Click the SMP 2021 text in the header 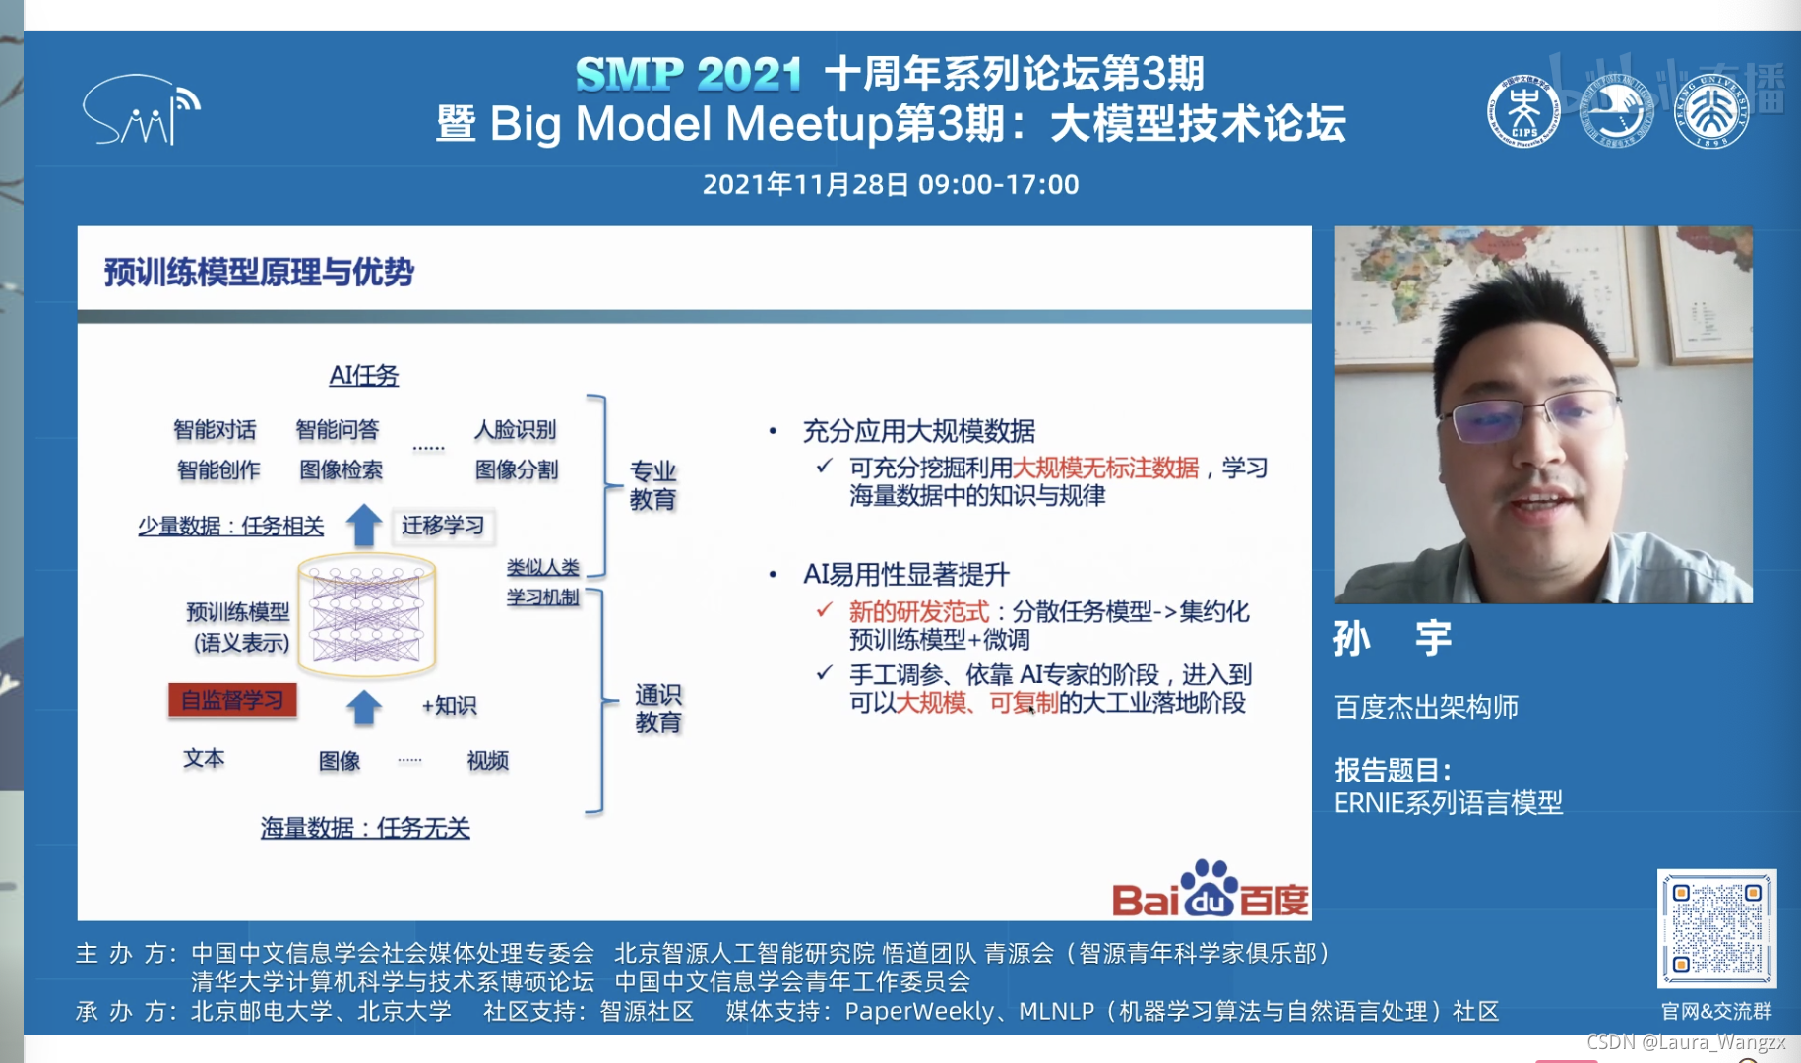click(x=688, y=74)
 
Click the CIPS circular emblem click(x=1522, y=112)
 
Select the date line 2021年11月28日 click(x=890, y=184)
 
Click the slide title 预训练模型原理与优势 click(x=259, y=272)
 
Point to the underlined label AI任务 click(x=363, y=375)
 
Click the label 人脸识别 click(x=515, y=429)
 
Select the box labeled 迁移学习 click(x=442, y=526)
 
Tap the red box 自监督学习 click(x=232, y=700)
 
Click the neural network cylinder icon click(x=366, y=616)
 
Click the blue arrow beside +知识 click(x=364, y=707)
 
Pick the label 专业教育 click(x=652, y=485)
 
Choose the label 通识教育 click(x=657, y=709)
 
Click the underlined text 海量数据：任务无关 click(x=365, y=828)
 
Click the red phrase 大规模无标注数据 click(x=1105, y=468)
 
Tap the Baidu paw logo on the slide click(x=1209, y=887)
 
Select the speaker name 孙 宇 click(x=1392, y=638)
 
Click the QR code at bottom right click(x=1716, y=927)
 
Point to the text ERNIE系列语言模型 click(x=1448, y=802)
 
